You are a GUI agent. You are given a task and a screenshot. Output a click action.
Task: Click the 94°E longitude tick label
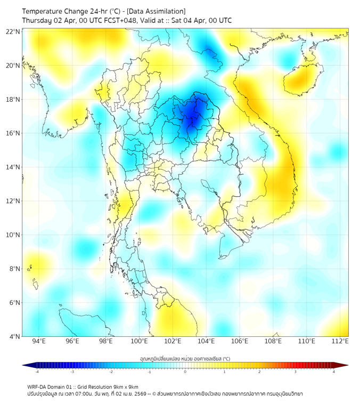coord(39,342)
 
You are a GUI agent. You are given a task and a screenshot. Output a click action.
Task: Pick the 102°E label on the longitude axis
coord(173,342)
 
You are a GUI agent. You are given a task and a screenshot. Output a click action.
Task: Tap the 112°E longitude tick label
coord(340,342)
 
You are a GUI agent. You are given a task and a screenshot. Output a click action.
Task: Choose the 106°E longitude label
coord(240,342)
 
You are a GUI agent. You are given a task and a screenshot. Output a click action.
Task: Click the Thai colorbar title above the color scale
coord(185,359)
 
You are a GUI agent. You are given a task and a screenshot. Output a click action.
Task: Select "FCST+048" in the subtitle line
coord(121,20)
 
